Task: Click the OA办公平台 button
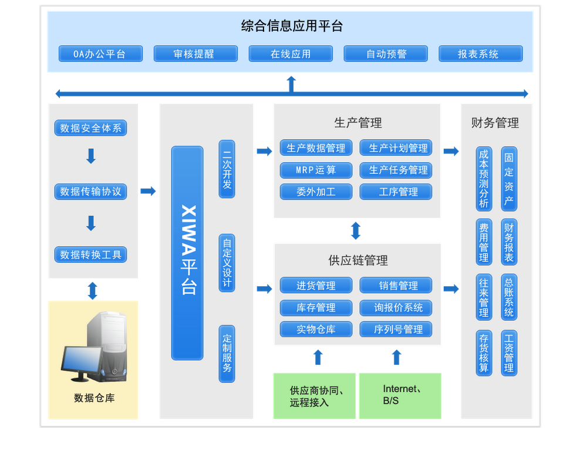pyautogui.click(x=100, y=54)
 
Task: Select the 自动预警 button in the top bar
pyautogui.click(x=386, y=54)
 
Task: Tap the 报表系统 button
pyautogui.click(x=480, y=54)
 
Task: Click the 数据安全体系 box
pyautogui.click(x=90, y=128)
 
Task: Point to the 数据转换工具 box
pyautogui.click(x=90, y=255)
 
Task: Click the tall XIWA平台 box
pyautogui.click(x=187, y=253)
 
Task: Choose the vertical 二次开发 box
pyautogui.click(x=227, y=169)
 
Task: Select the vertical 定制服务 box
pyautogui.click(x=227, y=354)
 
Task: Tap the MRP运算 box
pyautogui.click(x=316, y=170)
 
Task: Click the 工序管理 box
pyautogui.click(x=396, y=192)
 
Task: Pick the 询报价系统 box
pyautogui.click(x=396, y=308)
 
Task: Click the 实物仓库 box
pyautogui.click(x=316, y=330)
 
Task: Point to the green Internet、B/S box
pyautogui.click(x=400, y=395)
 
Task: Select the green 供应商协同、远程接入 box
pyautogui.click(x=315, y=396)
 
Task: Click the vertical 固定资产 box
pyautogui.click(x=509, y=179)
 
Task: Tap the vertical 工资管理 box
pyautogui.click(x=509, y=353)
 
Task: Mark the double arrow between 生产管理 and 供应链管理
pyautogui.click(x=356, y=231)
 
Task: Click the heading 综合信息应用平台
pyautogui.click(x=292, y=26)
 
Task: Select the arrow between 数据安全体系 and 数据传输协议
pyautogui.click(x=90, y=156)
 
